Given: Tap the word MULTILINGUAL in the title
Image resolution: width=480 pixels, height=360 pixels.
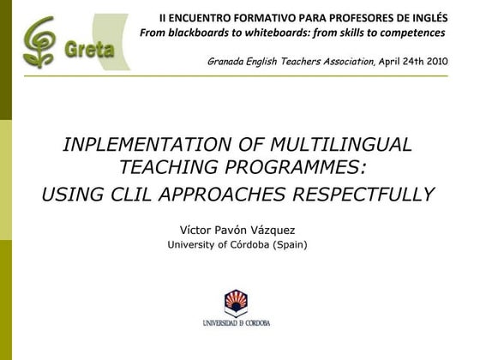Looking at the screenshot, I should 346,144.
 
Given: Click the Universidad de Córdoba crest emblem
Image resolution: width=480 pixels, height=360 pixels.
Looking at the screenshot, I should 236,303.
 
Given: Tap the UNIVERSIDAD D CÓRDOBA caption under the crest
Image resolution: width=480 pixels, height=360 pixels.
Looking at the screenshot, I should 237,324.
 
